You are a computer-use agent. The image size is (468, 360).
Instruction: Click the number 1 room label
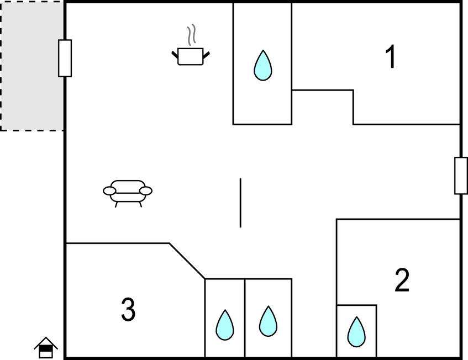pos(391,57)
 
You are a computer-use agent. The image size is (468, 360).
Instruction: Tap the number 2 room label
pos(402,280)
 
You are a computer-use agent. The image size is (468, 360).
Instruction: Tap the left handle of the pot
pos(175,55)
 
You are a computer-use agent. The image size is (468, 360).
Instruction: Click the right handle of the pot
pos(206,55)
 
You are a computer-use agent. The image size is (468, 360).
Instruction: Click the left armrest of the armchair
pos(109,190)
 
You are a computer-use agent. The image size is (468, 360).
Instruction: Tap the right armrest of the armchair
pos(146,190)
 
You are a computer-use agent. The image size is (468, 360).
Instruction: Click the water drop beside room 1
pos(263,66)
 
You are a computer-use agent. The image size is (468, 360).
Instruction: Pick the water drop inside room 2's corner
pos(356,332)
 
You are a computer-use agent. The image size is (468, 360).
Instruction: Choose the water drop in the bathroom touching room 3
pos(225,325)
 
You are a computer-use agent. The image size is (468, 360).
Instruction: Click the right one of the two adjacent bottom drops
pos(269,321)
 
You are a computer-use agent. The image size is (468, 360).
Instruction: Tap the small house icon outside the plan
pos(46,347)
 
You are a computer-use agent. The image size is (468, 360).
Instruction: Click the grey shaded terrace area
pos(31,66)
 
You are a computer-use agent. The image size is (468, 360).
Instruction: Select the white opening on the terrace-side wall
pos(65,58)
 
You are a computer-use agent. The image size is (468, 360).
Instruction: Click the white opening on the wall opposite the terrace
pos(461,176)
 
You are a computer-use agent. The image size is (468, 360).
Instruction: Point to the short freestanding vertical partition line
pos(240,203)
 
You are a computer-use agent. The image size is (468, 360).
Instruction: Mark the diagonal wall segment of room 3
pos(187,261)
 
